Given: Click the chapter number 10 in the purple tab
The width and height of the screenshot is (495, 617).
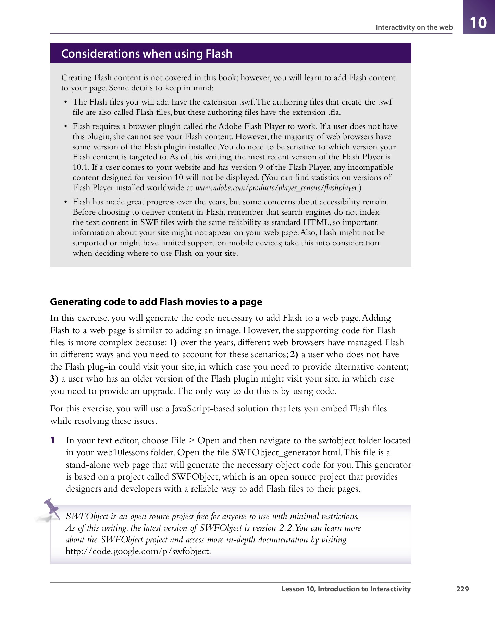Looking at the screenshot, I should click(478, 23).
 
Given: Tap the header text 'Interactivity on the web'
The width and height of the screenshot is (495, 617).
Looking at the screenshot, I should click(414, 27).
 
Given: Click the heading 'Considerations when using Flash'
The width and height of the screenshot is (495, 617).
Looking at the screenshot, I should click(147, 54).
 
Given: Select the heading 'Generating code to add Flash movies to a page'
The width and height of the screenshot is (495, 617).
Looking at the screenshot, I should click(156, 302).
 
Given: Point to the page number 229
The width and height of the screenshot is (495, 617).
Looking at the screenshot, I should click(462, 589).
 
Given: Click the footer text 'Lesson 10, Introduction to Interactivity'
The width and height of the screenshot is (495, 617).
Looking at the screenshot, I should click(346, 589).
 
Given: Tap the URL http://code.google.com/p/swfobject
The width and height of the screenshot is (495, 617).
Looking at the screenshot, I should click(138, 551).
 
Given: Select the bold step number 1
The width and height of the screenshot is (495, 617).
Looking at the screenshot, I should click(53, 440).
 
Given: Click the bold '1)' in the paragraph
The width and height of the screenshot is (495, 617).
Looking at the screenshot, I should click(173, 342).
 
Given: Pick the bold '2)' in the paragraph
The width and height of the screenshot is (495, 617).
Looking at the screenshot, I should click(294, 354).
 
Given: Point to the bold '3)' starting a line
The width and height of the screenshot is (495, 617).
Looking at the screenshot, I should click(54, 379).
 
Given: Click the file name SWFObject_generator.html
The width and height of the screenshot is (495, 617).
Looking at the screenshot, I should click(286, 452).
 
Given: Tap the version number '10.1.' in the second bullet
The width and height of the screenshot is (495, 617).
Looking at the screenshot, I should click(81, 167).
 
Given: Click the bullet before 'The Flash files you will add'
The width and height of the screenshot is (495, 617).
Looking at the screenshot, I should click(66, 102).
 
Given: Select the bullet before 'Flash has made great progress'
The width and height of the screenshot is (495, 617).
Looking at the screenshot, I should click(66, 202).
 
